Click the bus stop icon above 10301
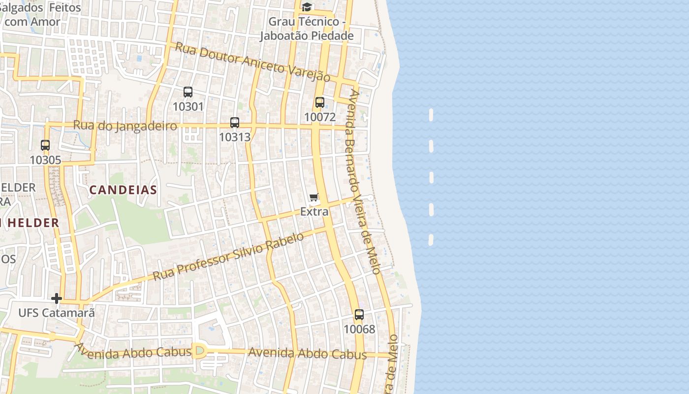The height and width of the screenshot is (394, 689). point(188,92)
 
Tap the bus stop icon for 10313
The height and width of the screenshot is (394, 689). point(235,123)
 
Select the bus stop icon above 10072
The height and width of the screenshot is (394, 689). point(320,102)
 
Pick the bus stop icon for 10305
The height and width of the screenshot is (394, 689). point(45,145)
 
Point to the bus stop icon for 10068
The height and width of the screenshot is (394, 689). point(359,315)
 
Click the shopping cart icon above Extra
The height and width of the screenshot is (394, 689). point(314,197)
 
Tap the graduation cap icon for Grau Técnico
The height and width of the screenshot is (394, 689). point(307,7)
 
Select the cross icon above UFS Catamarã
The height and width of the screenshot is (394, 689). point(57,298)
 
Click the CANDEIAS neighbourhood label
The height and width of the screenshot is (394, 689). point(123,190)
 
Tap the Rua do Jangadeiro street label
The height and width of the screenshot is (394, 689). point(125,126)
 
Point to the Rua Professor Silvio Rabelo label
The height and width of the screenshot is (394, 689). point(228,257)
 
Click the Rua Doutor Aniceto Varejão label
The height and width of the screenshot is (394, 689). point(253,62)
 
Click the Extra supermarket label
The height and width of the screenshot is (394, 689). point(314,212)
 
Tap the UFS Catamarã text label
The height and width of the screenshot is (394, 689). point(56,313)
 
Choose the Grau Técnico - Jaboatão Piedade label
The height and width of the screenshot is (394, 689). point(307,29)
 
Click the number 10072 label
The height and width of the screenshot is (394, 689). point(320,117)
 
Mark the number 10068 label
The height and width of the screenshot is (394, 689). point(359,329)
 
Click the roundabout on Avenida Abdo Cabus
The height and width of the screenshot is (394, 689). point(199,351)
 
